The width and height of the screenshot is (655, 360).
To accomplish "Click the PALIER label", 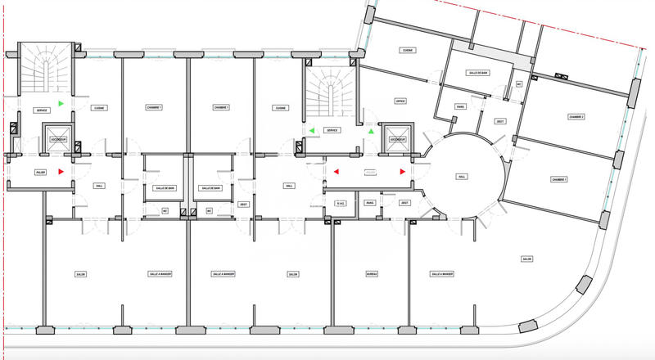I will [x=40, y=173].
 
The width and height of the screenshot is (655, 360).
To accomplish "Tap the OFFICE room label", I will [x=400, y=101].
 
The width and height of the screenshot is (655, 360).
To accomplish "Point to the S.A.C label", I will [x=341, y=203].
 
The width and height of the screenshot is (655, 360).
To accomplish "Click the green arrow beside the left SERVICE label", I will [x=61, y=103].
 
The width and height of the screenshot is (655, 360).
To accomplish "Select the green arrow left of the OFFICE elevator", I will [x=371, y=131].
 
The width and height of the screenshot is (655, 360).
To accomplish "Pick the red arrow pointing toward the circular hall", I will [x=402, y=172].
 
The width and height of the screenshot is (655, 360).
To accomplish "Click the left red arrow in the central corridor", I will [x=335, y=172].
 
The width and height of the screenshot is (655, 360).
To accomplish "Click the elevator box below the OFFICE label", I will [x=398, y=137].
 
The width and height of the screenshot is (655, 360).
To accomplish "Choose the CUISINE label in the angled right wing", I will [x=407, y=50].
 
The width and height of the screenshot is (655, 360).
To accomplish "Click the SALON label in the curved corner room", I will [x=526, y=259].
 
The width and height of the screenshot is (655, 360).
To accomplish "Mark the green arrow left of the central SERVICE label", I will [x=311, y=131].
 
